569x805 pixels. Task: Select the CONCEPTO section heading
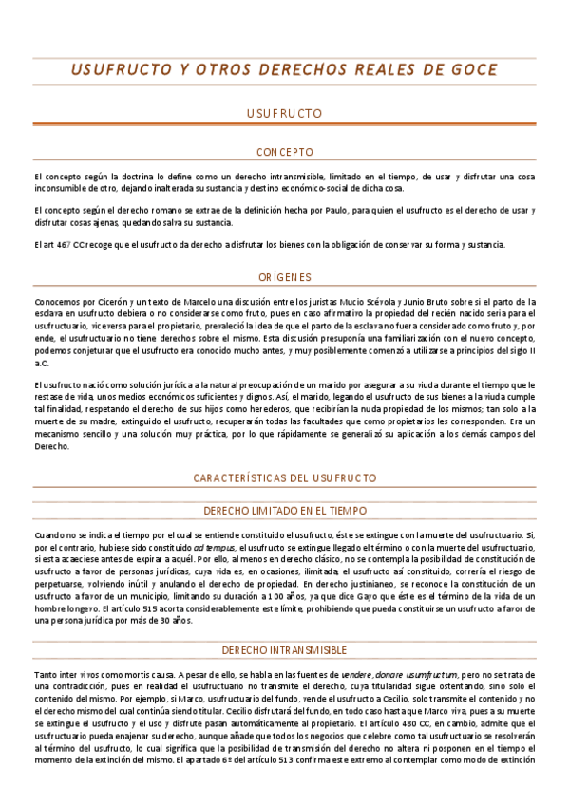(x=285, y=152)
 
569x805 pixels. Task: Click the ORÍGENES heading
(x=285, y=277)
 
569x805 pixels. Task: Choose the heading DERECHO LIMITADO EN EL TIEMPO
(x=285, y=510)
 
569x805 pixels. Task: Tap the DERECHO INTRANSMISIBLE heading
(x=285, y=650)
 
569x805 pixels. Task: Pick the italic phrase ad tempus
(x=212, y=548)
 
